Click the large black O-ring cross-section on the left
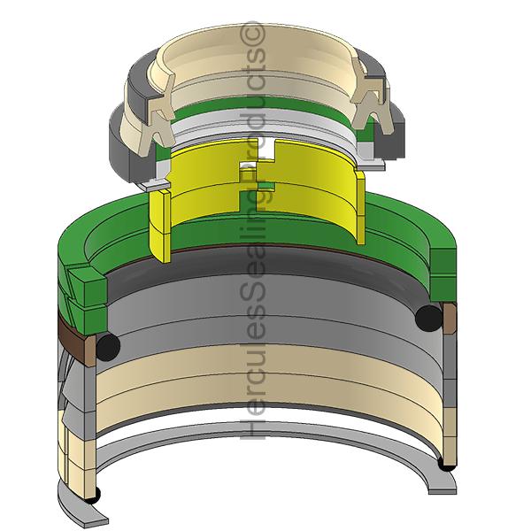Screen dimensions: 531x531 [x=108, y=346]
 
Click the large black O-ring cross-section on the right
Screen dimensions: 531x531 [x=428, y=319]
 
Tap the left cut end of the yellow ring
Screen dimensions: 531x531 [x=159, y=225]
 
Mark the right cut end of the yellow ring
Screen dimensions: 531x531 [x=360, y=207]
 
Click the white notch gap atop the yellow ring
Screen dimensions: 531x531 [x=268, y=149]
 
